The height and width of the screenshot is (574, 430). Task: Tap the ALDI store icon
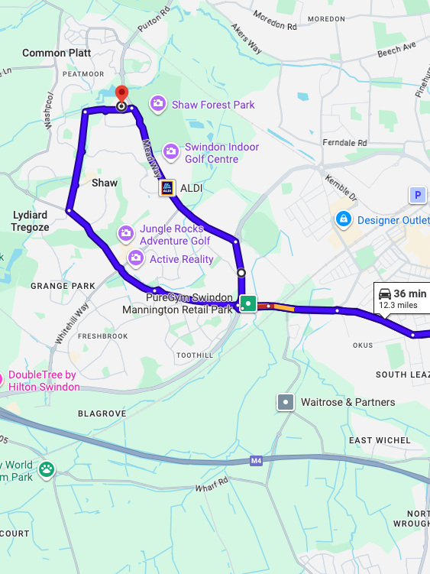pos(167,187)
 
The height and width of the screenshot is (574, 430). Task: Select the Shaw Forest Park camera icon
pos(158,103)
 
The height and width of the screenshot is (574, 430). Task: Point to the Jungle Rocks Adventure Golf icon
pos(126,232)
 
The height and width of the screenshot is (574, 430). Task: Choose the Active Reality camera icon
pos(136,258)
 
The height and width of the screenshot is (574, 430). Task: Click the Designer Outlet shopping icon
pos(344,220)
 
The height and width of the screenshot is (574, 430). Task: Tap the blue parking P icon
pos(418,196)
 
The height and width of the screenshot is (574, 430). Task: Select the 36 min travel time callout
pos(402,298)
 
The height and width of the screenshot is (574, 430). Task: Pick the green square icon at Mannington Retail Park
pos(247,301)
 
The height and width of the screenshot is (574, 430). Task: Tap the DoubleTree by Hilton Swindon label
pos(44,381)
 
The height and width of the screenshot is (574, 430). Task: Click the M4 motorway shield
pos(256,461)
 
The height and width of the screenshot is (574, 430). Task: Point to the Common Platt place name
pos(57,53)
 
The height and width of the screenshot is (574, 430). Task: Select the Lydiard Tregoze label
pos(31,222)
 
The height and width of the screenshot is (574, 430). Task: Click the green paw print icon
pos(47,469)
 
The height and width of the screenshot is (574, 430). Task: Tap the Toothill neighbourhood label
pos(195,355)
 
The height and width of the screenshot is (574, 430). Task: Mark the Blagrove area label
pos(102,413)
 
